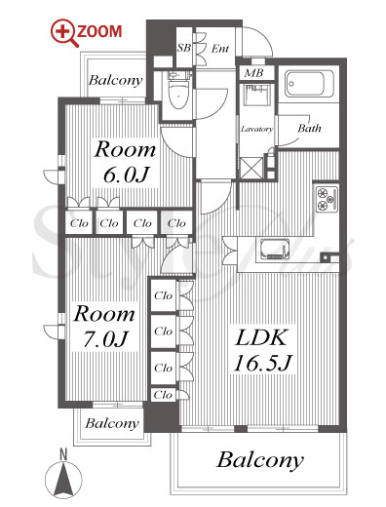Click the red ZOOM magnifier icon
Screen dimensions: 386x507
(64, 33)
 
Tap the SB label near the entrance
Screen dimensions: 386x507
(184, 48)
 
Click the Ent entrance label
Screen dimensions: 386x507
(220, 49)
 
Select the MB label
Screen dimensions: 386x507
(253, 73)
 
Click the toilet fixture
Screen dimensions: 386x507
(178, 91)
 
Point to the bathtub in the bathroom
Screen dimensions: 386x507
(309, 84)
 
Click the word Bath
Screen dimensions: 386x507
(309, 128)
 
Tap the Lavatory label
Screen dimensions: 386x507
(256, 129)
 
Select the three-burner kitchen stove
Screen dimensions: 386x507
(328, 199)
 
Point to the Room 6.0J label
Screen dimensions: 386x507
(125, 162)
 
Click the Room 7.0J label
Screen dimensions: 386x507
(104, 327)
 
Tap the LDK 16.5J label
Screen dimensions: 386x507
(262, 350)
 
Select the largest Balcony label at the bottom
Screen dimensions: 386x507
(260, 460)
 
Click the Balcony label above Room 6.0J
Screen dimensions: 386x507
(116, 80)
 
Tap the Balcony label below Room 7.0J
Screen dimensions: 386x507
(112, 423)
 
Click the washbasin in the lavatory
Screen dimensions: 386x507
(257, 95)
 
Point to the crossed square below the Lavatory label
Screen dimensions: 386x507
(251, 168)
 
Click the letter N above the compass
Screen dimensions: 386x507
(63, 454)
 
